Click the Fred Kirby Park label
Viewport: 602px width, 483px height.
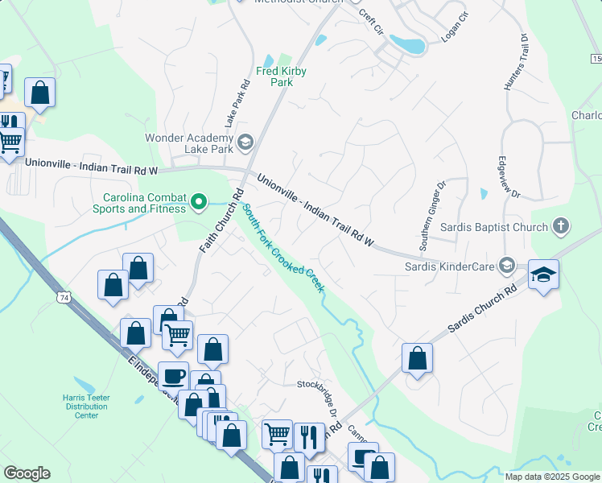click(281, 76)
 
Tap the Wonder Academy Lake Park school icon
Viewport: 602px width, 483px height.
click(245, 143)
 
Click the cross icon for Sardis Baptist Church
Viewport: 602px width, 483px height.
click(561, 227)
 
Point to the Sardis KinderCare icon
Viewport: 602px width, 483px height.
click(506, 265)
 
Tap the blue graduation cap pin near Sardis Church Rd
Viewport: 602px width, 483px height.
click(543, 275)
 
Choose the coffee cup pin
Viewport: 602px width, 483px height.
click(173, 376)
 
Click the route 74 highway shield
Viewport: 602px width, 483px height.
click(62, 298)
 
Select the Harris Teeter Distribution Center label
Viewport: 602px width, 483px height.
click(86, 406)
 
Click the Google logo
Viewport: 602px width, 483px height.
click(27, 473)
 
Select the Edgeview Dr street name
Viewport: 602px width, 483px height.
click(509, 176)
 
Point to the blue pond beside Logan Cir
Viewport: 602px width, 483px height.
click(412, 46)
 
